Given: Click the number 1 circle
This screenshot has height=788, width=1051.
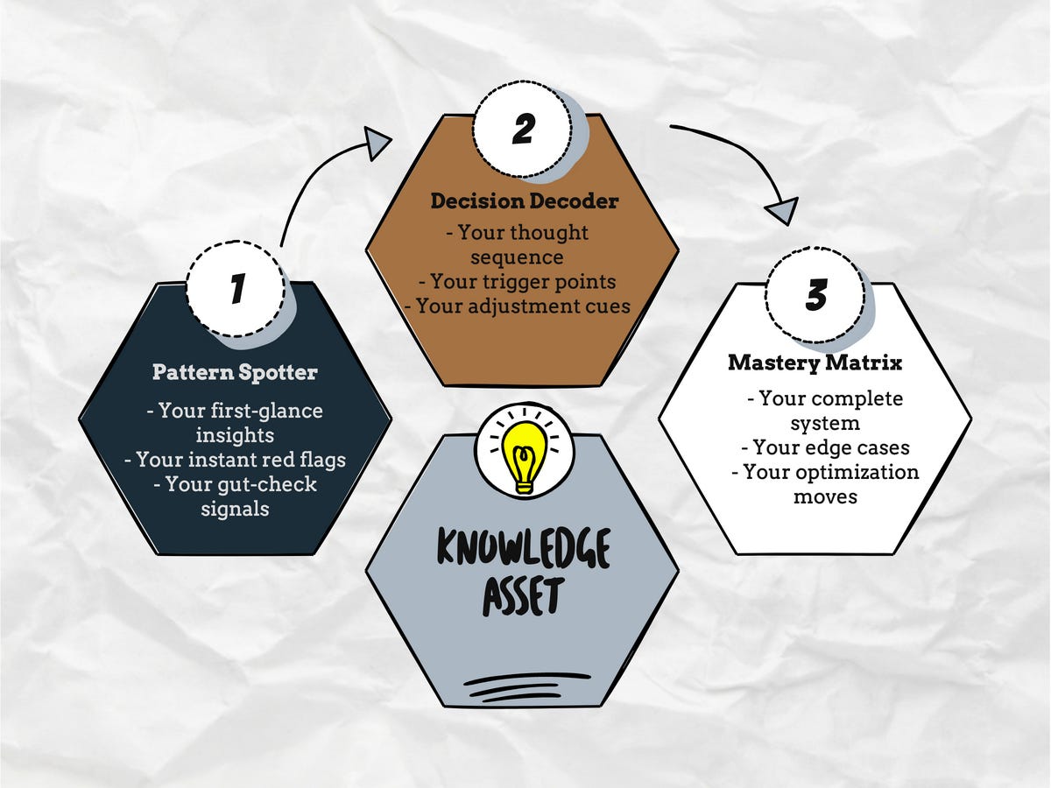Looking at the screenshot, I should point(236,289).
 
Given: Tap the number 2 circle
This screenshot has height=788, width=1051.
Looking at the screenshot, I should point(522,130).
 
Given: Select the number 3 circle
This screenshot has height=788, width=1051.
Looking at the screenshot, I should point(815,295).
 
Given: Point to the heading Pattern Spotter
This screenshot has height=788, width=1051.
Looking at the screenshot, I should point(235,372).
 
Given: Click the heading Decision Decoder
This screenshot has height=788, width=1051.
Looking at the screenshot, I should point(524,201).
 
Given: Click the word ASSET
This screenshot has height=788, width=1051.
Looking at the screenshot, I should point(523,597).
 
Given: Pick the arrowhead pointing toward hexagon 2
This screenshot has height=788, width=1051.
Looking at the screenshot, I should point(377,143).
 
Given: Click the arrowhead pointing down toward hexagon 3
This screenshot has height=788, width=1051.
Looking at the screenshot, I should point(782,210).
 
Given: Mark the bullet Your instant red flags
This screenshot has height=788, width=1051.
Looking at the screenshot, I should point(235,459).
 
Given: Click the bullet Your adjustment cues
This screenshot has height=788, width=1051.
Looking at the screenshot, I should point(522,306).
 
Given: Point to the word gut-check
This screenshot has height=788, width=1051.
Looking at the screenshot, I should point(263,483).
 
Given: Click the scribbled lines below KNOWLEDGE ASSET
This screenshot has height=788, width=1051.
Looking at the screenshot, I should point(524,685).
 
